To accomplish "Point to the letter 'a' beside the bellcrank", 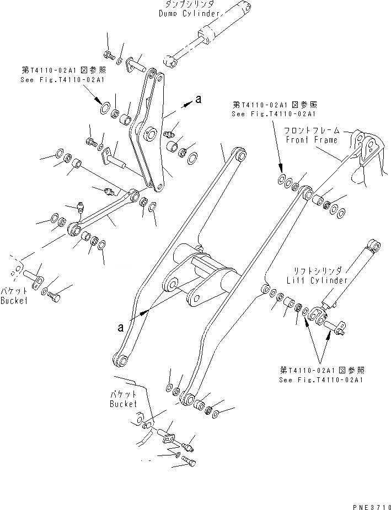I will (199, 99).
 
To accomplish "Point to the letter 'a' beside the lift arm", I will (120, 327).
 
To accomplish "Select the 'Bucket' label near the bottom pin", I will (123, 404).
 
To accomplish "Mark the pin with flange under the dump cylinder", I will (136, 67).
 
